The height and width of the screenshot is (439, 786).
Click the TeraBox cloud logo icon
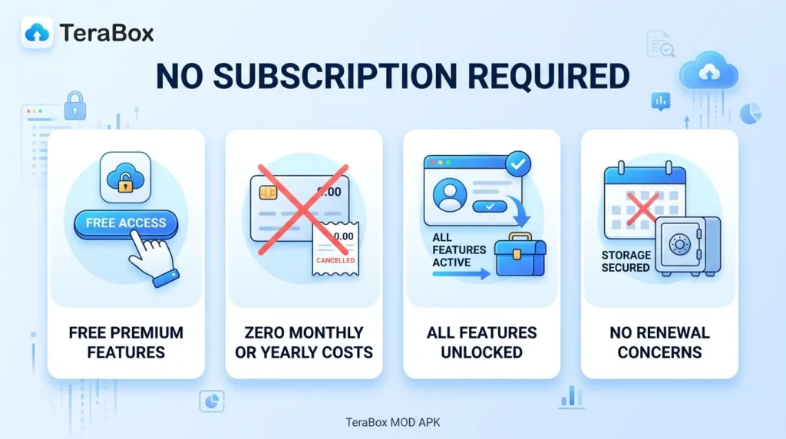(37, 32)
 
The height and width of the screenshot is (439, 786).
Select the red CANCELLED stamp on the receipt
(335, 260)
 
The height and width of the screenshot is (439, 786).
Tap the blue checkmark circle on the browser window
(518, 163)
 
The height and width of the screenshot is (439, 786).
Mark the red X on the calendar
(642, 208)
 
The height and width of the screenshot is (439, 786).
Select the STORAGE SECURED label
(626, 261)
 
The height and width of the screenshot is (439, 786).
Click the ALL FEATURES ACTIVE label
(459, 249)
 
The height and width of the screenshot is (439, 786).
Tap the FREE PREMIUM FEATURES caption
(126, 343)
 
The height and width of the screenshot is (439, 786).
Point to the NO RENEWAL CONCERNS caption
(659, 343)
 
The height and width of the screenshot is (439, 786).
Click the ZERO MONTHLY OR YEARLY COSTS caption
(303, 343)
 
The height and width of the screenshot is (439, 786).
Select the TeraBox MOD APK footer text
(392, 421)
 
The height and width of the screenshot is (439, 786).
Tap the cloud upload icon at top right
(709, 73)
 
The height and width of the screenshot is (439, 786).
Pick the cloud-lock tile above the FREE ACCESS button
(125, 177)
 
